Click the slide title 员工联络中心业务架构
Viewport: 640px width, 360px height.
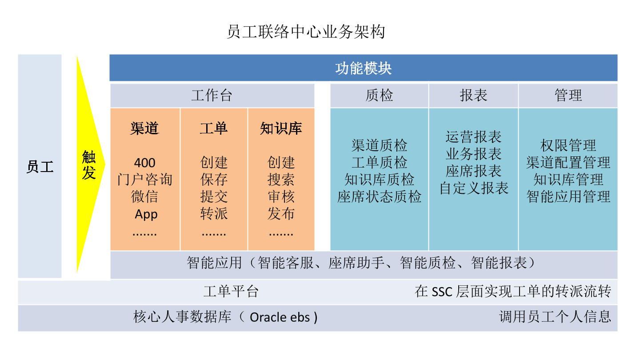click(306, 32)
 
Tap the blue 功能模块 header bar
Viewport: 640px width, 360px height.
click(363, 68)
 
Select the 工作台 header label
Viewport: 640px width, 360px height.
click(212, 96)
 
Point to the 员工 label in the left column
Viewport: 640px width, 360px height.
click(40, 167)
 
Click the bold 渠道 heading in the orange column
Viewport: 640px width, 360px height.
click(144, 128)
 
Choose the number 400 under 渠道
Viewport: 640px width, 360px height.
click(144, 163)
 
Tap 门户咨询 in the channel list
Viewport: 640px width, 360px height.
click(144, 180)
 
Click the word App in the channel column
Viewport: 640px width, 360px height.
click(146, 214)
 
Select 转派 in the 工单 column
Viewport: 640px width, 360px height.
click(214, 214)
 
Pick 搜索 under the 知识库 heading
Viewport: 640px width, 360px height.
click(281, 180)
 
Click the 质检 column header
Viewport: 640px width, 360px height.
click(379, 96)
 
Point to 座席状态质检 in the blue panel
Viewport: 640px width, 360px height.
click(379, 196)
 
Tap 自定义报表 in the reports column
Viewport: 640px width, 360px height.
click(474, 188)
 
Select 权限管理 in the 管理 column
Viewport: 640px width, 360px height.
click(568, 145)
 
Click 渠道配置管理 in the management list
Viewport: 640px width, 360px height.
click(568, 163)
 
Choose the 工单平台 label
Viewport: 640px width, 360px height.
click(231, 292)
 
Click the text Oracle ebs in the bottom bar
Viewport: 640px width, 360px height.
click(280, 317)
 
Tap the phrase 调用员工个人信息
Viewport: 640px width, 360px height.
click(555, 317)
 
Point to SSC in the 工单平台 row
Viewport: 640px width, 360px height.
click(442, 292)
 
